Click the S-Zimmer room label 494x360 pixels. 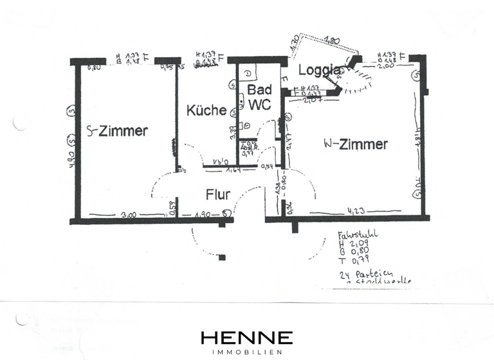[x=117, y=131]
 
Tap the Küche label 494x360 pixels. [x=206, y=110]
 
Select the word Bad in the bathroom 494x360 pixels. [x=258, y=92]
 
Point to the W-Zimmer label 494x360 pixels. [x=356, y=144]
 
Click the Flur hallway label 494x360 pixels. [x=218, y=194]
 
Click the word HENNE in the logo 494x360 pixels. [x=247, y=337]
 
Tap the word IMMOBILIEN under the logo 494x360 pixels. [x=247, y=352]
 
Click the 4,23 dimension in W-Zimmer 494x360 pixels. [x=357, y=210]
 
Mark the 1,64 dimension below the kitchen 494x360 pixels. [x=232, y=170]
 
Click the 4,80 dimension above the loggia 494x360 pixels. [x=332, y=40]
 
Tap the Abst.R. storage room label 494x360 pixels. [x=248, y=148]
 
